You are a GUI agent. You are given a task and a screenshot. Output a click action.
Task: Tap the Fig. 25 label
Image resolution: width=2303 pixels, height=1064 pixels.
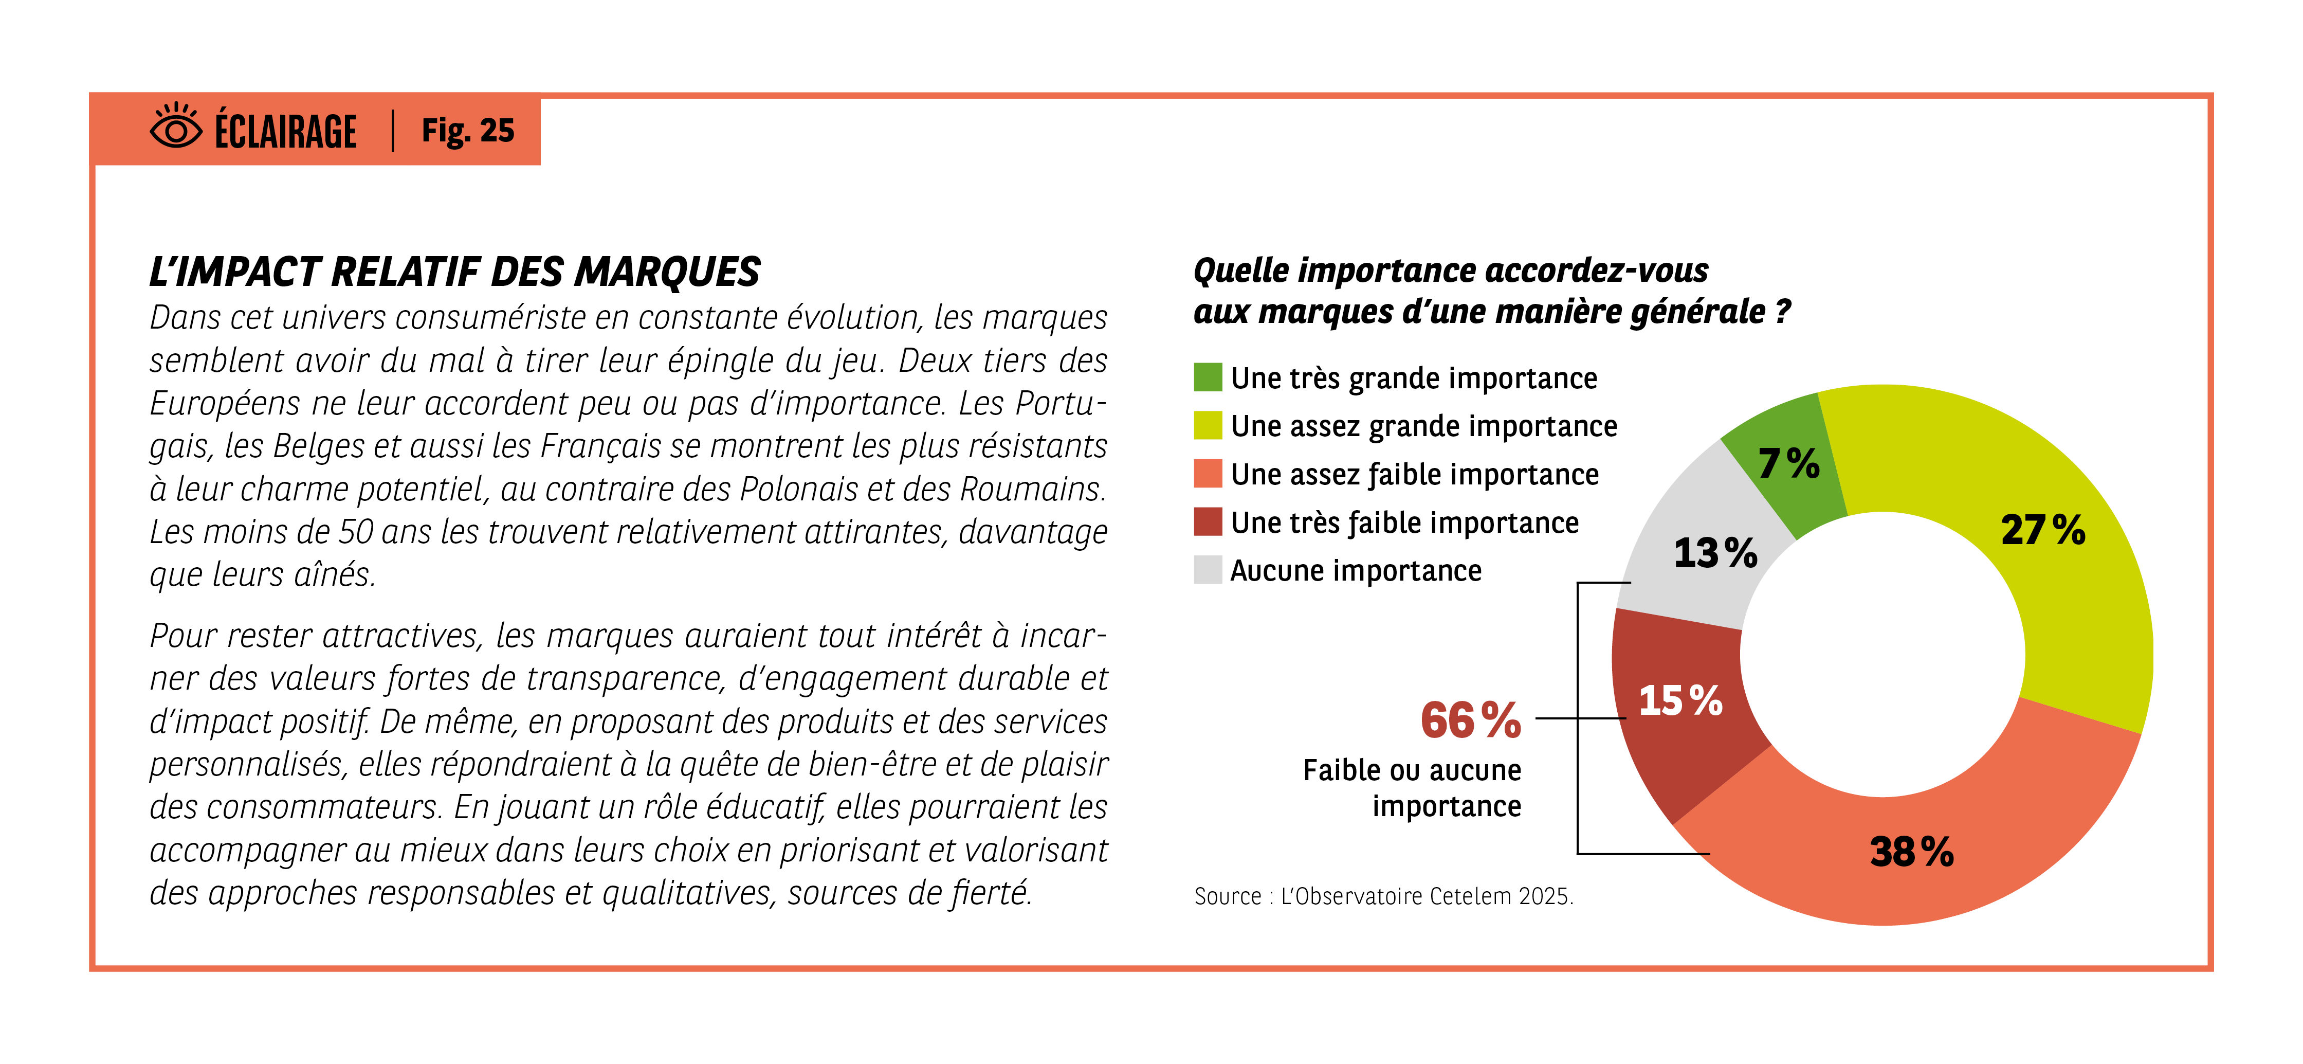[468, 131]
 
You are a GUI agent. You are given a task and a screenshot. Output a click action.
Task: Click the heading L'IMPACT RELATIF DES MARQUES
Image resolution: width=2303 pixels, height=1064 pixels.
[454, 272]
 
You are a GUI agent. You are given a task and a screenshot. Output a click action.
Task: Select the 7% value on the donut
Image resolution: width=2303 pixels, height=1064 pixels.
[1788, 463]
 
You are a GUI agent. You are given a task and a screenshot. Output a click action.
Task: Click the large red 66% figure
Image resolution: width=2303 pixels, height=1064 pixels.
[1471, 720]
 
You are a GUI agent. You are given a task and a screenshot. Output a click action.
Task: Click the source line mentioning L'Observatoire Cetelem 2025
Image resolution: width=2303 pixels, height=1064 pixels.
[1383, 896]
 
